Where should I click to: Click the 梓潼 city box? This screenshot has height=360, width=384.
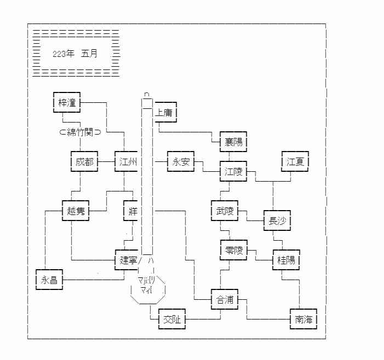(x=67, y=102)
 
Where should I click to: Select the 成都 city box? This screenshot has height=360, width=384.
(x=84, y=162)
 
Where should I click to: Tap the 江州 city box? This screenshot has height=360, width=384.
(x=128, y=162)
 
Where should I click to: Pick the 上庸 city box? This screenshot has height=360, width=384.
(x=165, y=113)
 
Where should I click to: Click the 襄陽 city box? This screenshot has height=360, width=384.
(x=233, y=142)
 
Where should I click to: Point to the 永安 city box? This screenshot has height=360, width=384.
(x=181, y=162)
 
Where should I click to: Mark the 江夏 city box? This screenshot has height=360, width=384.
(x=296, y=162)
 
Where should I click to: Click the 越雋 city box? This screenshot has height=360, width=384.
(x=76, y=211)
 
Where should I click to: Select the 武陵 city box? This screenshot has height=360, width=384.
(x=225, y=211)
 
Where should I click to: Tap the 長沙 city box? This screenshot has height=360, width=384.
(x=277, y=220)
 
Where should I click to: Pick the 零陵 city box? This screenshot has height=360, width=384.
(x=233, y=250)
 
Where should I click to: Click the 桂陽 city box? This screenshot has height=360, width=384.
(x=286, y=260)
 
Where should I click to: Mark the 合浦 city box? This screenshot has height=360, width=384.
(x=225, y=299)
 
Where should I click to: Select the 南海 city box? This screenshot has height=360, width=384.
(x=303, y=319)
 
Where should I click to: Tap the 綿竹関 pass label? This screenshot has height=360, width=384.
(x=80, y=132)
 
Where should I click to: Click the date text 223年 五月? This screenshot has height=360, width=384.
(x=74, y=54)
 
